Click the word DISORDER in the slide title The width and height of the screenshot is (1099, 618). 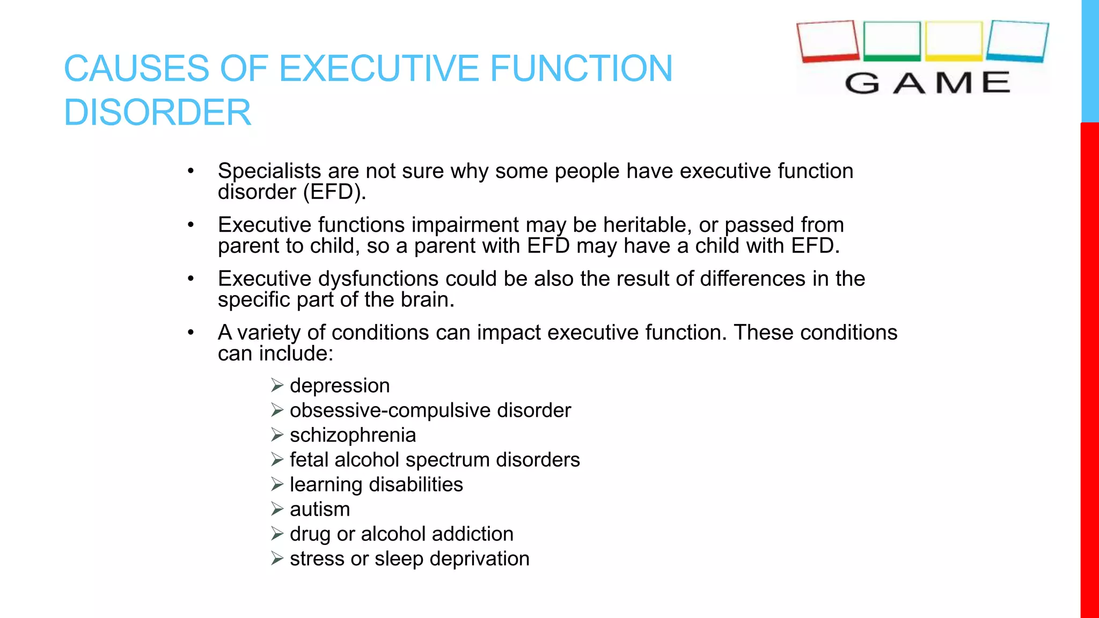pyautogui.click(x=157, y=113)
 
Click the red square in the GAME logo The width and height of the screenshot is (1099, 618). pyautogui.click(x=828, y=41)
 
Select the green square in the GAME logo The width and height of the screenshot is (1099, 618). pyautogui.click(x=892, y=41)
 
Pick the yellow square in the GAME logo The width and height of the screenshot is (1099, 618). pyautogui.click(x=954, y=41)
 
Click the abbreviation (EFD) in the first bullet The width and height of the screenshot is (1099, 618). pyautogui.click(x=334, y=192)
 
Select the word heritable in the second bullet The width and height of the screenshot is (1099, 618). pyautogui.click(x=642, y=225)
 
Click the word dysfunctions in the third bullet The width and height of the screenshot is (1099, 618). pyautogui.click(x=378, y=279)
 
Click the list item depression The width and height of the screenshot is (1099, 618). pyautogui.click(x=340, y=386)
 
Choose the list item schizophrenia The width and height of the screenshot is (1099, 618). pyautogui.click(x=353, y=435)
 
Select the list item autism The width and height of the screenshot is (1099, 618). pyautogui.click(x=320, y=509)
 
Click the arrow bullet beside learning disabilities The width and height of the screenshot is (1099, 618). pyautogui.click(x=277, y=484)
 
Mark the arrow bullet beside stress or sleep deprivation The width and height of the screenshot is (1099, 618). pyautogui.click(x=277, y=558)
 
